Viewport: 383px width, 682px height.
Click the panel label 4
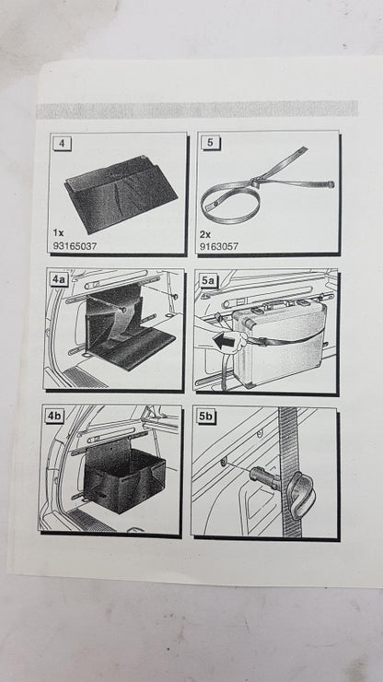pyautogui.click(x=62, y=143)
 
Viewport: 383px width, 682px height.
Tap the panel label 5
pyautogui.click(x=211, y=143)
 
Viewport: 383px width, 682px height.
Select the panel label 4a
pyautogui.click(x=58, y=279)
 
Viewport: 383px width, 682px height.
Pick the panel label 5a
pyautogui.click(x=207, y=280)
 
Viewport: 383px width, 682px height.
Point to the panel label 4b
pyautogui.click(x=54, y=417)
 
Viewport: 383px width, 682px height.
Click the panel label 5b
pyautogui.click(x=206, y=417)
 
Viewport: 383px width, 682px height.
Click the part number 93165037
pyautogui.click(x=75, y=246)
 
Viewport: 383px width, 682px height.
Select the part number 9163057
pyautogui.click(x=219, y=247)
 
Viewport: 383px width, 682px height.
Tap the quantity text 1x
pyautogui.click(x=58, y=233)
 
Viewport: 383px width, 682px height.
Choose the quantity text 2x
pyautogui.click(x=204, y=234)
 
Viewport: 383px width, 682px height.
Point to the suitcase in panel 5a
pyautogui.click(x=279, y=344)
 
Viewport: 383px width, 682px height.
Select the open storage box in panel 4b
pyautogui.click(x=125, y=476)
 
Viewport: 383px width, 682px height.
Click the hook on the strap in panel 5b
pyautogui.click(x=301, y=496)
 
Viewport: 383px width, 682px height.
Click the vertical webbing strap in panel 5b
pyautogui.click(x=289, y=472)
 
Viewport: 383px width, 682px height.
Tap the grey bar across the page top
pyautogui.click(x=197, y=109)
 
